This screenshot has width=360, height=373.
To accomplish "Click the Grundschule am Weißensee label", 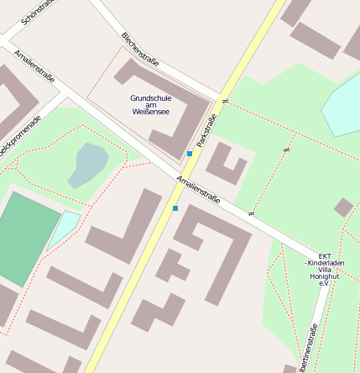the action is [x=150, y=104].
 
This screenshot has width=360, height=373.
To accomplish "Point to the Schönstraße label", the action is [x=38, y=12].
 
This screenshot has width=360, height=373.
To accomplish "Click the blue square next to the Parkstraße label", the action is [x=190, y=154].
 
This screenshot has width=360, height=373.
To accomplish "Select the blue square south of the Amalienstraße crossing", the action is [x=175, y=208].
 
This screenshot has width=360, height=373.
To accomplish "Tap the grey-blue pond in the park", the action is [x=89, y=164].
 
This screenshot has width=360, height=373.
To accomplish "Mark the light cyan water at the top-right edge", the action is [x=342, y=105].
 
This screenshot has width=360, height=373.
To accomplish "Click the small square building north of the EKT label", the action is [x=343, y=207].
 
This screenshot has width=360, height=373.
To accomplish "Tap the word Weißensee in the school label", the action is [x=150, y=111].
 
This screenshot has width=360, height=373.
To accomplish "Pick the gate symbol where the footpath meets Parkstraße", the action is [x=224, y=102].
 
